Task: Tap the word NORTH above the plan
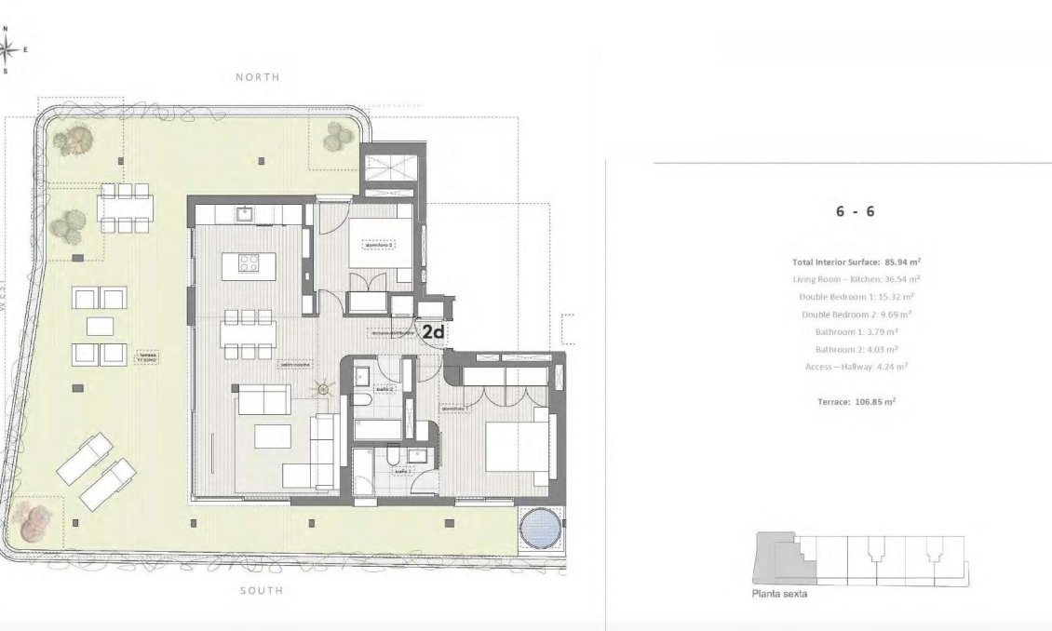tap(258, 77)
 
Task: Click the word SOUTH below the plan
tap(259, 590)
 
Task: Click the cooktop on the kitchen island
tap(250, 263)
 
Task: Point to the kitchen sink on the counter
tap(245, 214)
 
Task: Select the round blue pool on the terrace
tap(540, 531)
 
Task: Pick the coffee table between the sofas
tap(275, 436)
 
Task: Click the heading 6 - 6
tap(854, 211)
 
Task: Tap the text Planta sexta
tap(779, 594)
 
